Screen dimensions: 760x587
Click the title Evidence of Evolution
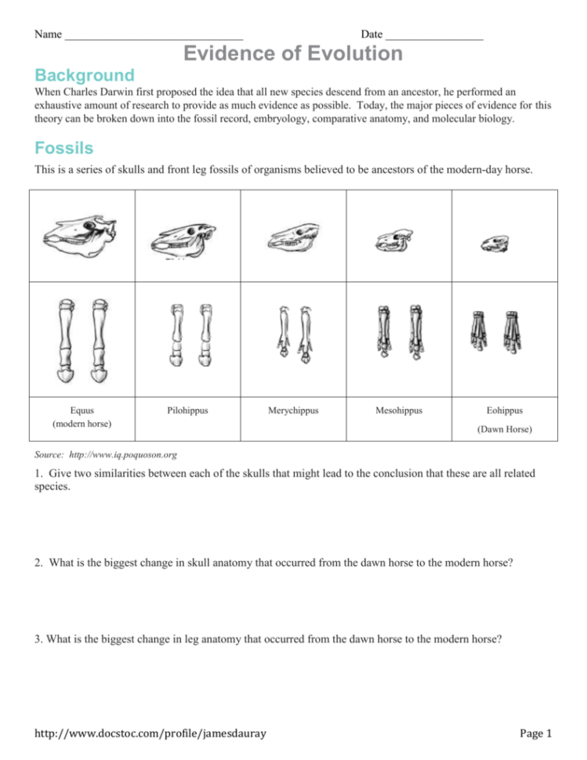point(293,53)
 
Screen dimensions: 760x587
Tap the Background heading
point(85,75)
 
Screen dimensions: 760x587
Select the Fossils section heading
point(64,148)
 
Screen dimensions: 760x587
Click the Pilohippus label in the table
point(187,410)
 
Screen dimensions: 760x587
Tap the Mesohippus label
point(398,410)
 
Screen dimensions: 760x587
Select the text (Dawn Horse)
point(504,429)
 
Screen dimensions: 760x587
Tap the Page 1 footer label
point(536,733)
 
